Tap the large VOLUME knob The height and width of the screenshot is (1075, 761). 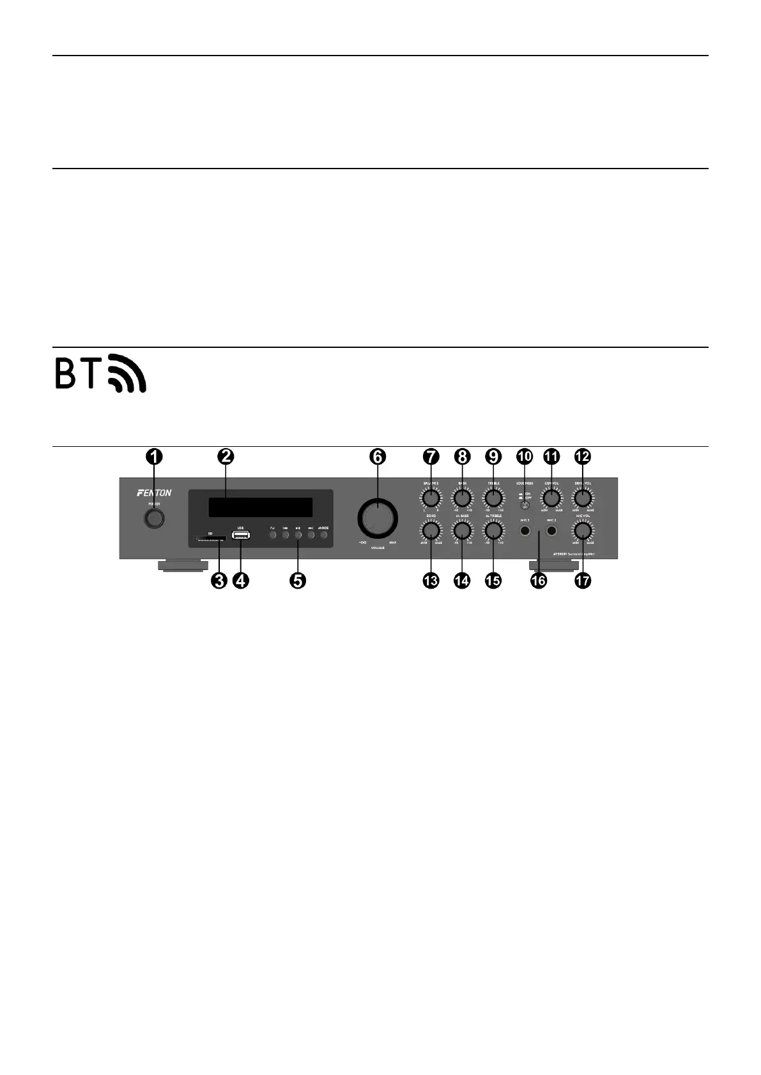click(x=377, y=518)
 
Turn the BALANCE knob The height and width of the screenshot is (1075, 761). click(x=431, y=498)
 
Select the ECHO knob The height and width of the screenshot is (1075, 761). click(x=431, y=530)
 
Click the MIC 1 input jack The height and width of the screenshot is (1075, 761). click(x=525, y=530)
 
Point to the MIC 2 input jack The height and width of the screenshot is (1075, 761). click(x=551, y=530)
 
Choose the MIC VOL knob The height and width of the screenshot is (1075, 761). click(x=582, y=530)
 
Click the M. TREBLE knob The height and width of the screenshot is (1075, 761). click(x=493, y=530)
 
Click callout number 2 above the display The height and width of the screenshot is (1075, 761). click(x=226, y=456)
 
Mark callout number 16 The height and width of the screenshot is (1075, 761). click(x=539, y=580)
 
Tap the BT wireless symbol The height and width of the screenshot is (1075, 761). click(x=100, y=372)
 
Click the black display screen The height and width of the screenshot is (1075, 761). click(x=260, y=507)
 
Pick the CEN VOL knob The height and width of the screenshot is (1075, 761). click(x=551, y=498)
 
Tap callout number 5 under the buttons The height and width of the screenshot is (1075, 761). click(x=298, y=580)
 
